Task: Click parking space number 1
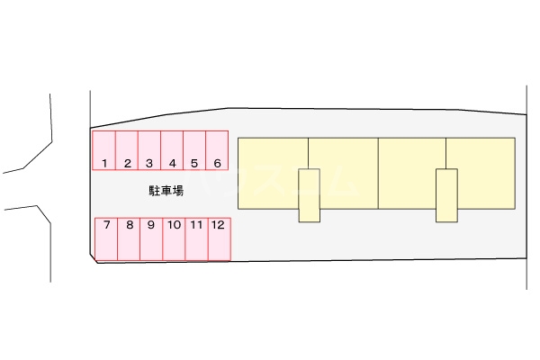[x=104, y=150]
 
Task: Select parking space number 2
[x=127, y=150]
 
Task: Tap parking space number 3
[x=149, y=150]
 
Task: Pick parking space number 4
[x=172, y=150]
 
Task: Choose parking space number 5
[x=194, y=150]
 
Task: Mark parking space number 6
[x=217, y=150]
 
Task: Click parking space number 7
[x=106, y=239]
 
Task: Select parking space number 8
[x=129, y=239]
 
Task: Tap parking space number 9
[x=151, y=239]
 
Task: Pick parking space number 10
[x=174, y=239]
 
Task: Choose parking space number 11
[x=196, y=239]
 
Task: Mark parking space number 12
[x=219, y=239]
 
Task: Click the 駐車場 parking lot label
[x=166, y=191]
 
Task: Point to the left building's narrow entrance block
[x=310, y=194]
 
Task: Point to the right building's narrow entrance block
[x=446, y=194]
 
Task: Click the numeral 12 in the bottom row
[x=217, y=225]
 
